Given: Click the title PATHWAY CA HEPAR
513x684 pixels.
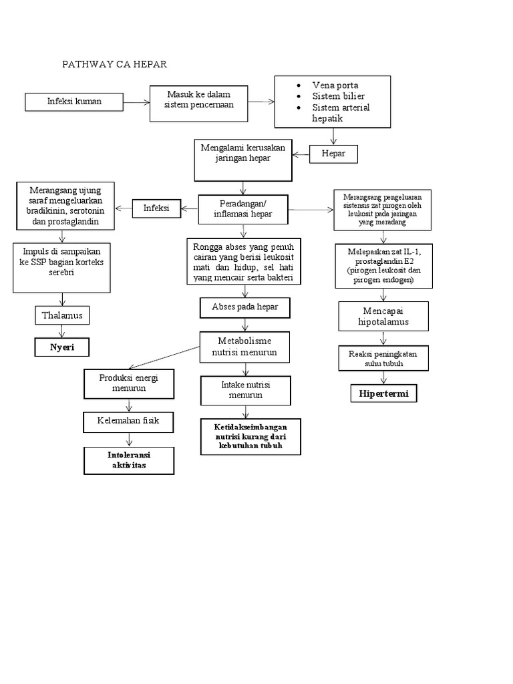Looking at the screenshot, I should [x=114, y=64].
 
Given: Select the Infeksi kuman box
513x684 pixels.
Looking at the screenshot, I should [x=75, y=102].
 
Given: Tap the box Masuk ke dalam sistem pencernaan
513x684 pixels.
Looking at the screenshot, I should [x=199, y=103].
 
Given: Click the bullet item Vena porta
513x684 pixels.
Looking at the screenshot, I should [x=335, y=85].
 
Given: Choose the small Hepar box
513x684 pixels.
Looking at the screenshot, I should [x=333, y=154].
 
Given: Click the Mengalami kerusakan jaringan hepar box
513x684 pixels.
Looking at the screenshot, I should [x=243, y=160].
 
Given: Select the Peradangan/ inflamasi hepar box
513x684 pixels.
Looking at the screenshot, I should [x=244, y=209].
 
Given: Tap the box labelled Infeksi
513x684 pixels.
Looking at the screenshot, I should [x=156, y=208].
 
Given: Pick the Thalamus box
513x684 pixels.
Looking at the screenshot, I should [x=62, y=315].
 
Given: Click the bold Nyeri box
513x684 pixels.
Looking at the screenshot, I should [x=62, y=347].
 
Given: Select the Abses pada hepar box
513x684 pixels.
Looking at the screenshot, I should [x=244, y=307].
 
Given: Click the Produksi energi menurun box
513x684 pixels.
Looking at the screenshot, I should [x=129, y=383].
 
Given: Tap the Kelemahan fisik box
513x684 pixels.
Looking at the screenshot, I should [x=129, y=421].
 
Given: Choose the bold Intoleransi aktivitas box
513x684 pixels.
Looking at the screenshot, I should [x=128, y=460].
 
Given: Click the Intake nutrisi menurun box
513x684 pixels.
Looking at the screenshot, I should [x=246, y=390].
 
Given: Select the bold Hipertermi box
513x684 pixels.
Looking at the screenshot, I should [x=384, y=395].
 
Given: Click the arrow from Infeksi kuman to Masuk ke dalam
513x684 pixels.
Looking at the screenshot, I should [x=136, y=102].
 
